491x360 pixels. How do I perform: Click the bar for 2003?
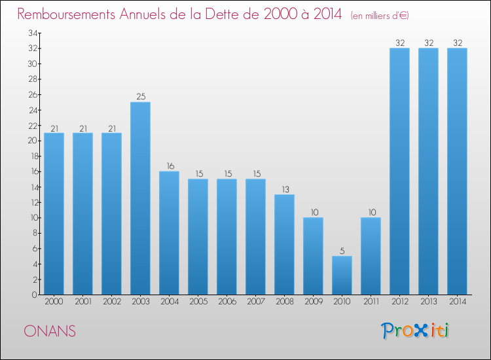coord(140,198)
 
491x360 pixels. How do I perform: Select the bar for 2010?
coord(342,275)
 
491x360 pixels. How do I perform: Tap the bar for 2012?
coord(399,171)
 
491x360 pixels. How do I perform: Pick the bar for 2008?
coord(284,244)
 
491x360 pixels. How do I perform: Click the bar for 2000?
coord(54,213)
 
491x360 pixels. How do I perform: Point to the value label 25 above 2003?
coord(140,96)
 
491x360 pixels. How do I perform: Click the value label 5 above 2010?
coord(342,251)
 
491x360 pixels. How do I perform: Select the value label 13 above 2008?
coord(284,189)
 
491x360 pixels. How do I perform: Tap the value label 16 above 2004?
coord(169,166)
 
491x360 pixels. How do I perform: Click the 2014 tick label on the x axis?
coord(457,301)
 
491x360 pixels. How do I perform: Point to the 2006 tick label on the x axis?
coord(227,301)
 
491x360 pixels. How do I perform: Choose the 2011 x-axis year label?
coord(371,301)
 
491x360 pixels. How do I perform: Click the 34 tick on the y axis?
coord(32,33)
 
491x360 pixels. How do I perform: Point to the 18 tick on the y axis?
coord(32,156)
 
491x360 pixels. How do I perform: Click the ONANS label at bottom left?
coord(49,331)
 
